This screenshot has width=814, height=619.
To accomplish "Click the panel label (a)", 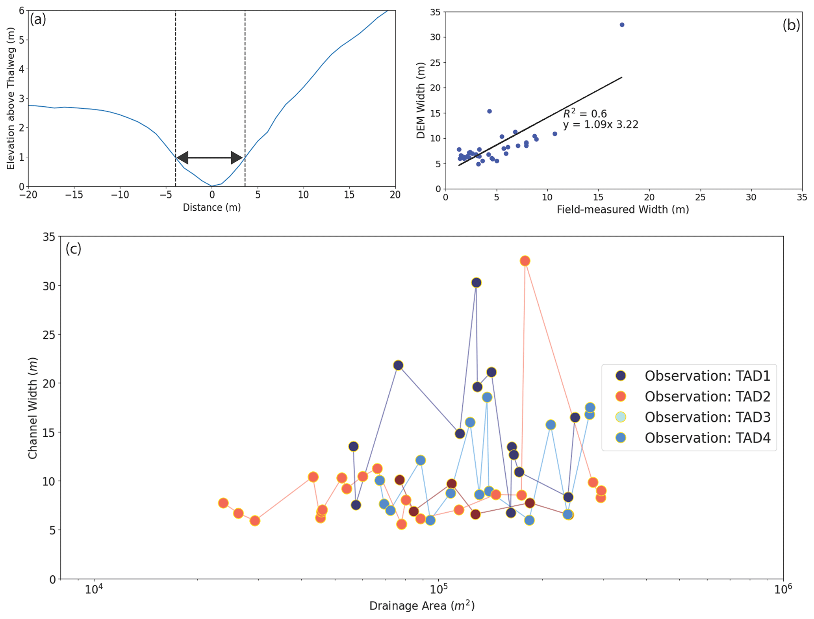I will pos(38,19).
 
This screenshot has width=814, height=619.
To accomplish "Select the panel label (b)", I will pos(791,25).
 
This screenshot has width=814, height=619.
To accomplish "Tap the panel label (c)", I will pos(73,248).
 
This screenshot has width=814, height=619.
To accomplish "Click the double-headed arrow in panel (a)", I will pos(210,158).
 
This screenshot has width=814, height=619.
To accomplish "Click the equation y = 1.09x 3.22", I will pos(600,125).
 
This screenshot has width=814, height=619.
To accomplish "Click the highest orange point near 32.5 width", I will pos(525,261).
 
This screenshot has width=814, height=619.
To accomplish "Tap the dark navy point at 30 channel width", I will pos(477,282).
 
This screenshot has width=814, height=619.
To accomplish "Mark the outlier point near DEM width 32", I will pos(622,25).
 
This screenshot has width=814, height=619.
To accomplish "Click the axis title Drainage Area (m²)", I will pos(422,606).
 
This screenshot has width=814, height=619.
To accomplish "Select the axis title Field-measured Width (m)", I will pos(623,209).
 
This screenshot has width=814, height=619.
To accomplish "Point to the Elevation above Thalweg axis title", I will pos(11,98).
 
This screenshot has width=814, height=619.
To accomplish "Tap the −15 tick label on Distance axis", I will pos(74,195).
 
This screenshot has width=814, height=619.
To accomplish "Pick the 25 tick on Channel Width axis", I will pos(50,334).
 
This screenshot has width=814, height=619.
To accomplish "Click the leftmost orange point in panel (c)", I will pos(223,503).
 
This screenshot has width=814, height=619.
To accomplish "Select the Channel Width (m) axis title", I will pos(33,408).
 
